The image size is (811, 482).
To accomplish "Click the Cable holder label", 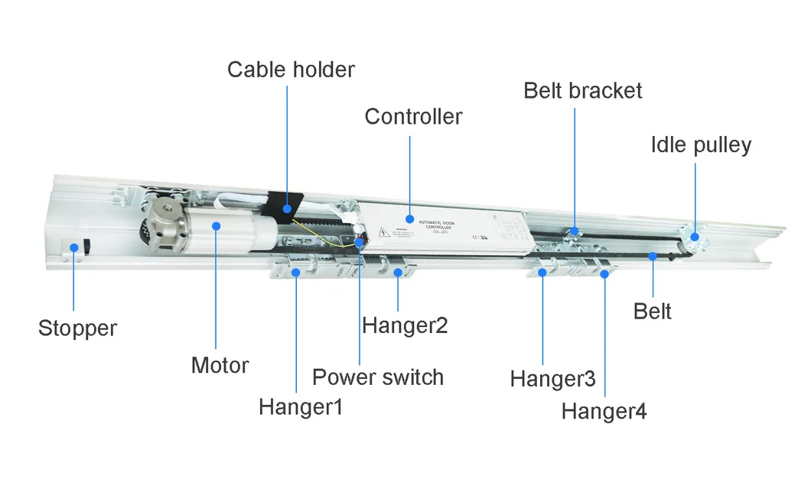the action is pyautogui.click(x=291, y=70).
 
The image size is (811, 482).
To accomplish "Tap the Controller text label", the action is pyautogui.click(x=413, y=117).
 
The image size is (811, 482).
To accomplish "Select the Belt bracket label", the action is pyautogui.click(x=582, y=90).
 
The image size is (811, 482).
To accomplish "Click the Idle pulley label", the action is pyautogui.click(x=701, y=144).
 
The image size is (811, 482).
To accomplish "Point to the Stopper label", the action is pyautogui.click(x=77, y=328).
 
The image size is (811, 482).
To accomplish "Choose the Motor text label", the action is pyautogui.click(x=220, y=365).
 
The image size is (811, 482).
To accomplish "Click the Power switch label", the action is pyautogui.click(x=377, y=377).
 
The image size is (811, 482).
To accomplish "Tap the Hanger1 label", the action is pyautogui.click(x=300, y=406).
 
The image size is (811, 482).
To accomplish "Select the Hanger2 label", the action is pyautogui.click(x=404, y=325).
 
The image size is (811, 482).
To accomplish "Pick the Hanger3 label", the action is pyautogui.click(x=552, y=379).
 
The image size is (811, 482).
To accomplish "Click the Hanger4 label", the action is pyautogui.click(x=604, y=412).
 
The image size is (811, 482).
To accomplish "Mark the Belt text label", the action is pyautogui.click(x=653, y=312).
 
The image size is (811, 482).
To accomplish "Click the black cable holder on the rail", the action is pyautogui.click(x=285, y=205).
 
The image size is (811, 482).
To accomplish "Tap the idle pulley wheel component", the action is pyautogui.click(x=695, y=239).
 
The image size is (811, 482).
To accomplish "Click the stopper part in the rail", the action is pyautogui.click(x=77, y=247).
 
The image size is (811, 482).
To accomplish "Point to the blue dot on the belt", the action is pyautogui.click(x=653, y=256).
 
